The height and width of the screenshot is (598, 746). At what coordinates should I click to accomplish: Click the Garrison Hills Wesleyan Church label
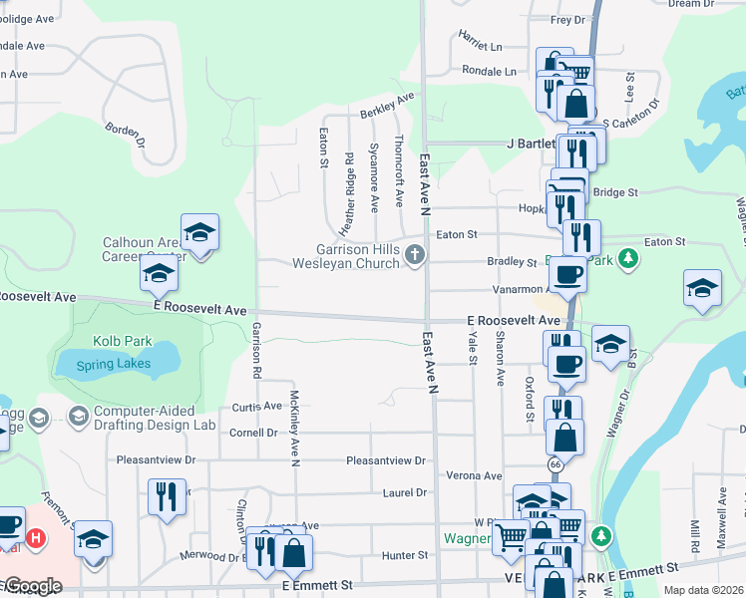[344, 256]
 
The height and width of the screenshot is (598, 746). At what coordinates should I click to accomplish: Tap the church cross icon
[416, 256]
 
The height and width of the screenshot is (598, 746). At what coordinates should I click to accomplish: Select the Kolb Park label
[123, 341]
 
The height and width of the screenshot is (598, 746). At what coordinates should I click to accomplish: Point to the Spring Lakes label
[117, 364]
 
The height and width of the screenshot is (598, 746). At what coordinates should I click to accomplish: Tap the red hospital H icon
[36, 539]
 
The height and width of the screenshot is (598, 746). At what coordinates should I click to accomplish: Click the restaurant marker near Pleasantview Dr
[166, 496]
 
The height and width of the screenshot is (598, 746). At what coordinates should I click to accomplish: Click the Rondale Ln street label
[489, 71]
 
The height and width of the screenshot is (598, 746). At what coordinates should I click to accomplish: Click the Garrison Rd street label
[256, 350]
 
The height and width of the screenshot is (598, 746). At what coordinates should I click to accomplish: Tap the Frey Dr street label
[566, 19]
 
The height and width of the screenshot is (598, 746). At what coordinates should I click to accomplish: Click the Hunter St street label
[408, 555]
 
